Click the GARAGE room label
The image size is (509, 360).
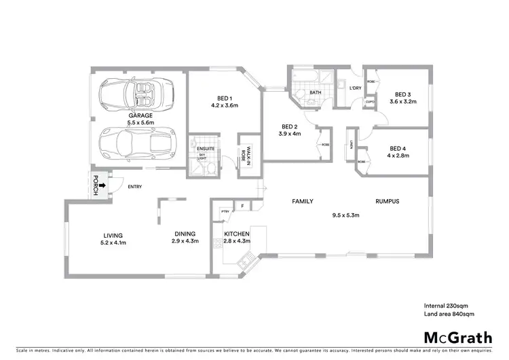click(x=140, y=115)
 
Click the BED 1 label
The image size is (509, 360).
click(x=224, y=98)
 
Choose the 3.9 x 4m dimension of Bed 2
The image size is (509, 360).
click(x=290, y=134)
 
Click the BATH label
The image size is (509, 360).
click(x=316, y=92)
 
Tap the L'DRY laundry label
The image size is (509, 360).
click(x=354, y=88)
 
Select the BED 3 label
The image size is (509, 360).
click(x=403, y=94)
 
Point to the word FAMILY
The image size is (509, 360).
click(x=302, y=202)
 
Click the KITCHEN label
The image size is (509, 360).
click(x=237, y=234)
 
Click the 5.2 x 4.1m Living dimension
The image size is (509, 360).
click(x=113, y=242)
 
